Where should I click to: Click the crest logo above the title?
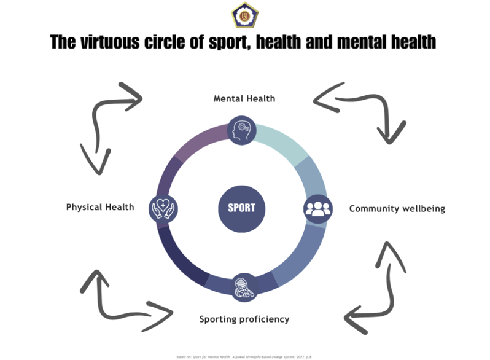(x=244, y=15)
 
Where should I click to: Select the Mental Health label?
(x=244, y=98)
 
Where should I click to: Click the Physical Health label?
(x=100, y=207)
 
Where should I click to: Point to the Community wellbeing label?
(x=397, y=209)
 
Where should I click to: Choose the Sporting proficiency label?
(x=244, y=319)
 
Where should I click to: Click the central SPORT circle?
(x=241, y=208)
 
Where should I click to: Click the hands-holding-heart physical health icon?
(x=163, y=208)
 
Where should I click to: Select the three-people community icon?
(x=317, y=208)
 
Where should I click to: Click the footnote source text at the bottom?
(x=244, y=356)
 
